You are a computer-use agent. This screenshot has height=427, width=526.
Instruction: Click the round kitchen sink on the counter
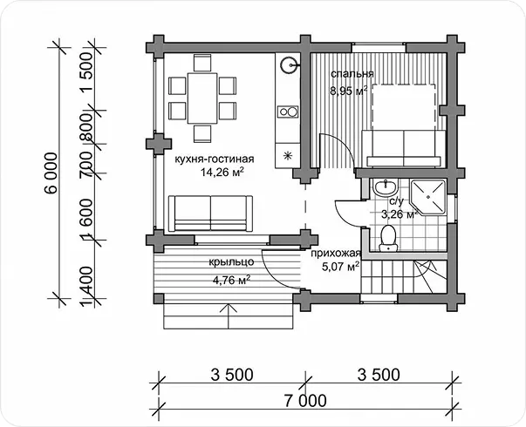(x=289, y=64)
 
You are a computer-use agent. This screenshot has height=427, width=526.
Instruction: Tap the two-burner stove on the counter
(x=288, y=112)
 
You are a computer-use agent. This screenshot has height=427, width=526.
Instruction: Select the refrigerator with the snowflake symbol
(x=288, y=155)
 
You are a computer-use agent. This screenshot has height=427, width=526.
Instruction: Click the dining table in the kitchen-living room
(x=202, y=98)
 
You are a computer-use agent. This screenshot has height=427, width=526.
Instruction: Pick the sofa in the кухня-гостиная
(x=210, y=213)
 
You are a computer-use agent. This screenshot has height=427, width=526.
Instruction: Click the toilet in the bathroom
(x=388, y=238)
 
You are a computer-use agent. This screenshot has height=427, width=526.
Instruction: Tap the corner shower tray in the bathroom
(x=428, y=198)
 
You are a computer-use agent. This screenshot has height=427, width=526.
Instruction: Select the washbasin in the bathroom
(x=386, y=187)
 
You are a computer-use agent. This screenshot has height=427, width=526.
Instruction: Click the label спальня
(x=352, y=74)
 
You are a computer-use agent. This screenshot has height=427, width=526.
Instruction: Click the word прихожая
(x=336, y=254)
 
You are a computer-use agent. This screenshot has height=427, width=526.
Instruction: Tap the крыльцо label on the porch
(x=231, y=261)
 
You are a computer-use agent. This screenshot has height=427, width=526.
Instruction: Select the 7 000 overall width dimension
(x=305, y=401)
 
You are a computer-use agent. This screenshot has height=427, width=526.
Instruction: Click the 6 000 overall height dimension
(x=51, y=173)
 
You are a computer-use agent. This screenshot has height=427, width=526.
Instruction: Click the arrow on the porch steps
(x=229, y=316)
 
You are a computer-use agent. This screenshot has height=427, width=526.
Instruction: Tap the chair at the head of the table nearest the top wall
(x=202, y=63)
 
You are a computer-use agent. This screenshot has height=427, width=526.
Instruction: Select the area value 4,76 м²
(x=231, y=279)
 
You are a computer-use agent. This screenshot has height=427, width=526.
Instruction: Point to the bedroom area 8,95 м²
(x=349, y=91)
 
